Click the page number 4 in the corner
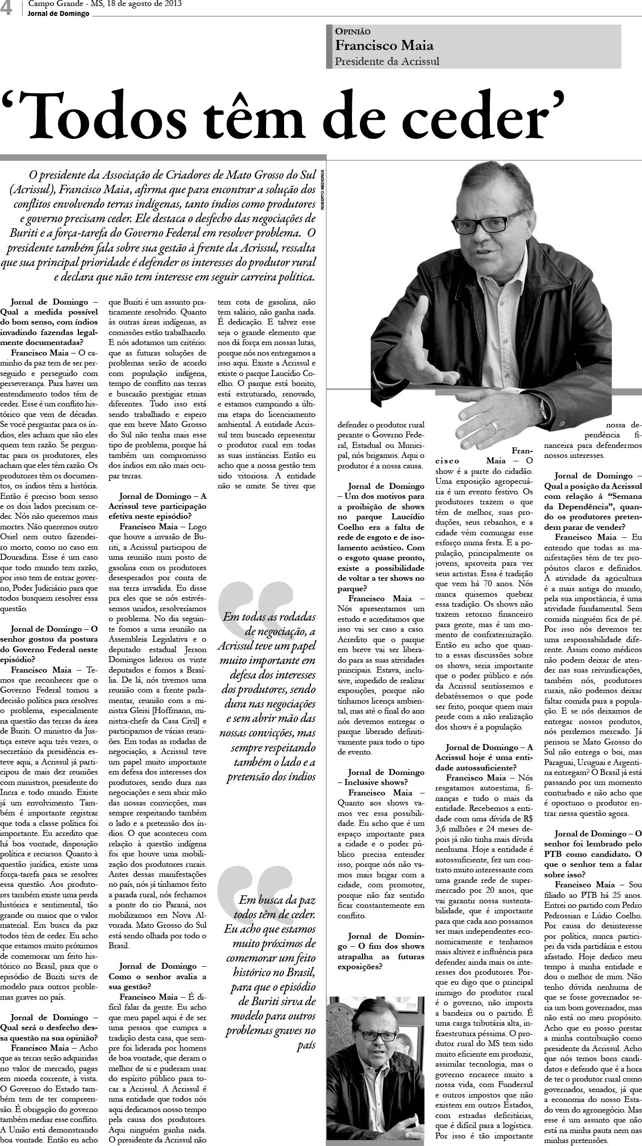point(7,8)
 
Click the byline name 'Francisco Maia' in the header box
point(384,46)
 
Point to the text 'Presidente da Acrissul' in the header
point(387,61)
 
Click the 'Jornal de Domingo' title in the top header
point(59,13)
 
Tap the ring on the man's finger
point(494,427)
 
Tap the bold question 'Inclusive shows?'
point(378,781)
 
